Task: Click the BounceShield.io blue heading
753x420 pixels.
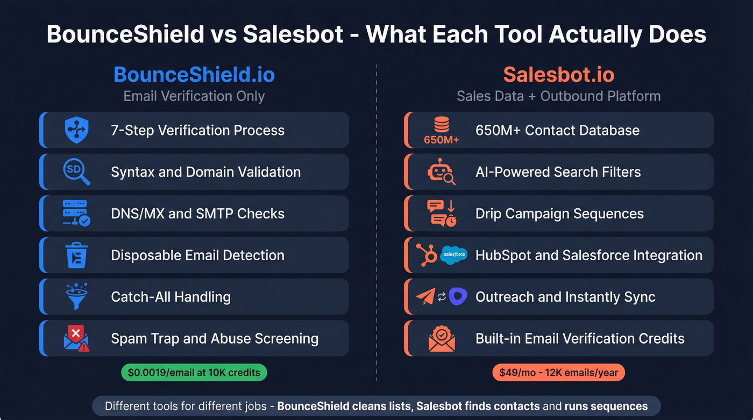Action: click(x=194, y=74)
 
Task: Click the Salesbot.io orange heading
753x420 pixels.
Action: click(x=558, y=74)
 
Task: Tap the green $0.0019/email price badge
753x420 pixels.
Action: click(x=194, y=372)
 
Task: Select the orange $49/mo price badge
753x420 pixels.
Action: click(x=558, y=372)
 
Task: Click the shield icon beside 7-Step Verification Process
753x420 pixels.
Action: click(x=76, y=130)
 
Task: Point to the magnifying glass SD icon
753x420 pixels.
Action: click(x=76, y=172)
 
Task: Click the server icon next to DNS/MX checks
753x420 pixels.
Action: click(x=76, y=213)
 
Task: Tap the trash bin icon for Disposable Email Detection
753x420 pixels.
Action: click(x=76, y=255)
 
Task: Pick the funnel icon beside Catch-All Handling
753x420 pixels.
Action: click(x=76, y=297)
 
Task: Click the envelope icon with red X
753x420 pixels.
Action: click(x=76, y=339)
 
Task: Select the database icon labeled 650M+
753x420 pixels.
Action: click(x=441, y=130)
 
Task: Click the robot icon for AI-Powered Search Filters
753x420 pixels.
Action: click(x=441, y=172)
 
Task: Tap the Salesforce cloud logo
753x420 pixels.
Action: click(x=453, y=255)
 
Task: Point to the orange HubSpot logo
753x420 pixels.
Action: click(x=427, y=255)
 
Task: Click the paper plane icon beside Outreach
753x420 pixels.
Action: click(x=425, y=297)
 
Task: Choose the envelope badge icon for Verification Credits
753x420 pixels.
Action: click(x=441, y=339)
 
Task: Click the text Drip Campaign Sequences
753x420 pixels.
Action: click(x=559, y=213)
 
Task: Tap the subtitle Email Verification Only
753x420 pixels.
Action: click(x=194, y=96)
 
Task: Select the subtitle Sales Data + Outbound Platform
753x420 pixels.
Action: click(x=558, y=96)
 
